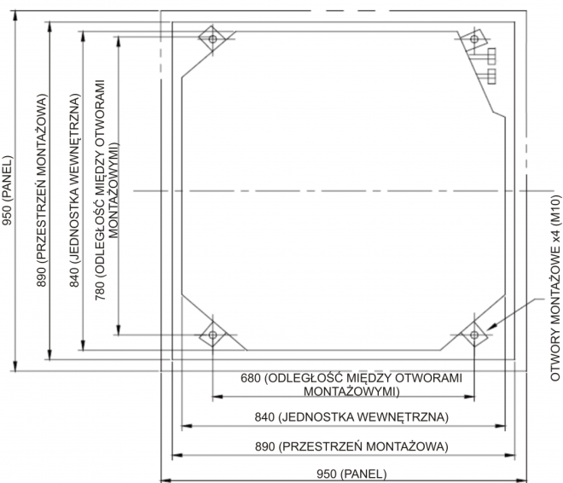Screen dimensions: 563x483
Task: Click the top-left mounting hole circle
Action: [212, 38]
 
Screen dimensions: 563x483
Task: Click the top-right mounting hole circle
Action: [474, 38]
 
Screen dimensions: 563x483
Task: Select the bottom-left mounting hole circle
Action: [212, 335]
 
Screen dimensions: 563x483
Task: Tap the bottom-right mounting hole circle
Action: [474, 335]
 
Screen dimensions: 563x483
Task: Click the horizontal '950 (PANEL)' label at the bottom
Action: [351, 474]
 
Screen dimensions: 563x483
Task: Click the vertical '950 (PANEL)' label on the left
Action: [7, 190]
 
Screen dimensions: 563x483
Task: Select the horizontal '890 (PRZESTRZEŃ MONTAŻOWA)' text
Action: [351, 446]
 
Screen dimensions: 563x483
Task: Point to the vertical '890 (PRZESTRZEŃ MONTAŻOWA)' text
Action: [42, 190]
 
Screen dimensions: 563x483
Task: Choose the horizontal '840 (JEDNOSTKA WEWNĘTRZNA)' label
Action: [351, 417]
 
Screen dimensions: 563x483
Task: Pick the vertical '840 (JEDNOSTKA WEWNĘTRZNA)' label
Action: [74, 190]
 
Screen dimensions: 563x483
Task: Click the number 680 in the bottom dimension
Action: [250, 378]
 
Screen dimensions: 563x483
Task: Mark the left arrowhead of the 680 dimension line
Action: [218, 397]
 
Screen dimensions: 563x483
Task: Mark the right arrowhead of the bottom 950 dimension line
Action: [522, 480]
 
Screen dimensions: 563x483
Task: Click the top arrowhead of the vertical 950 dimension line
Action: [15, 16]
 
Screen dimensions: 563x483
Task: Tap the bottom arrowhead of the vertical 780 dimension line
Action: [119, 330]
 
